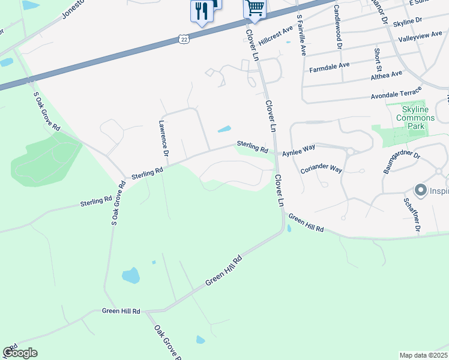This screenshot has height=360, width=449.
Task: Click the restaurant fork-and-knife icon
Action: [200, 11]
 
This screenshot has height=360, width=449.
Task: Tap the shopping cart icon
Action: [255, 9]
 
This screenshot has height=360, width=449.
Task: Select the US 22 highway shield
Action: [184, 39]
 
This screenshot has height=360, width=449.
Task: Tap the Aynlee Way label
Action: [299, 150]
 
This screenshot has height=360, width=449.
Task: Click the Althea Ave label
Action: [387, 75]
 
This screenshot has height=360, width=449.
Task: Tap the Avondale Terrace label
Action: [397, 94]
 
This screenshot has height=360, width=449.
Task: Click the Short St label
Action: [378, 59]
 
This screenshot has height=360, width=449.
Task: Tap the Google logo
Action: [20, 353]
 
